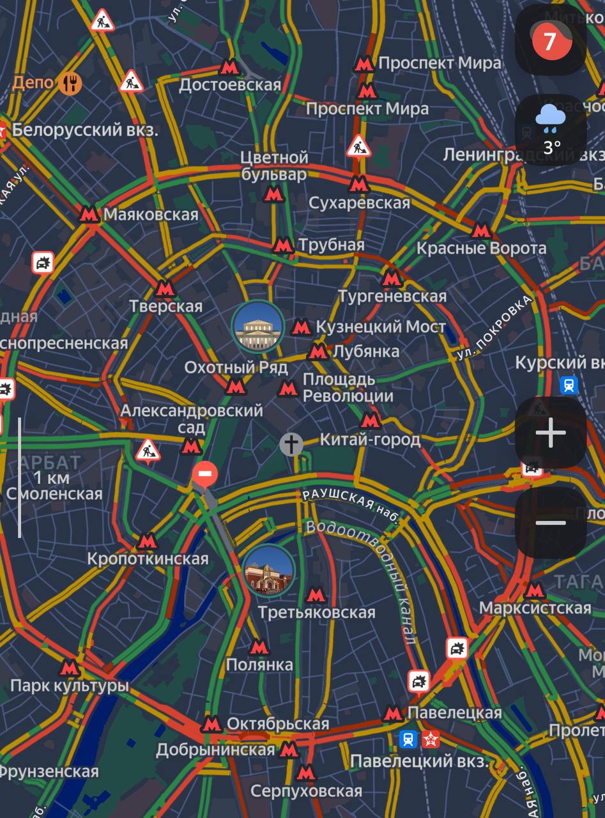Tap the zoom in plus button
point(551,434)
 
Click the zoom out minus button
point(551,523)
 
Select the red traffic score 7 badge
point(549,40)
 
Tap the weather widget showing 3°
point(551,130)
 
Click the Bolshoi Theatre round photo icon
point(258,326)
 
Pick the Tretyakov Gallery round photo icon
point(268,571)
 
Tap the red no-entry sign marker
point(205,474)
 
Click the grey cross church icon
point(291,444)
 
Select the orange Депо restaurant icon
point(70,82)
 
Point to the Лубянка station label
point(366,351)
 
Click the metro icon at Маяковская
point(89,214)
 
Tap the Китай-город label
point(370,440)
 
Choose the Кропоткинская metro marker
point(148,541)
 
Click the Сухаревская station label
point(359,203)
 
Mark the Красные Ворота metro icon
point(480,230)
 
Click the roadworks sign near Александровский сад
point(148,449)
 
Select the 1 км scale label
point(52,477)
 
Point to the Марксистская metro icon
point(535,590)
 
